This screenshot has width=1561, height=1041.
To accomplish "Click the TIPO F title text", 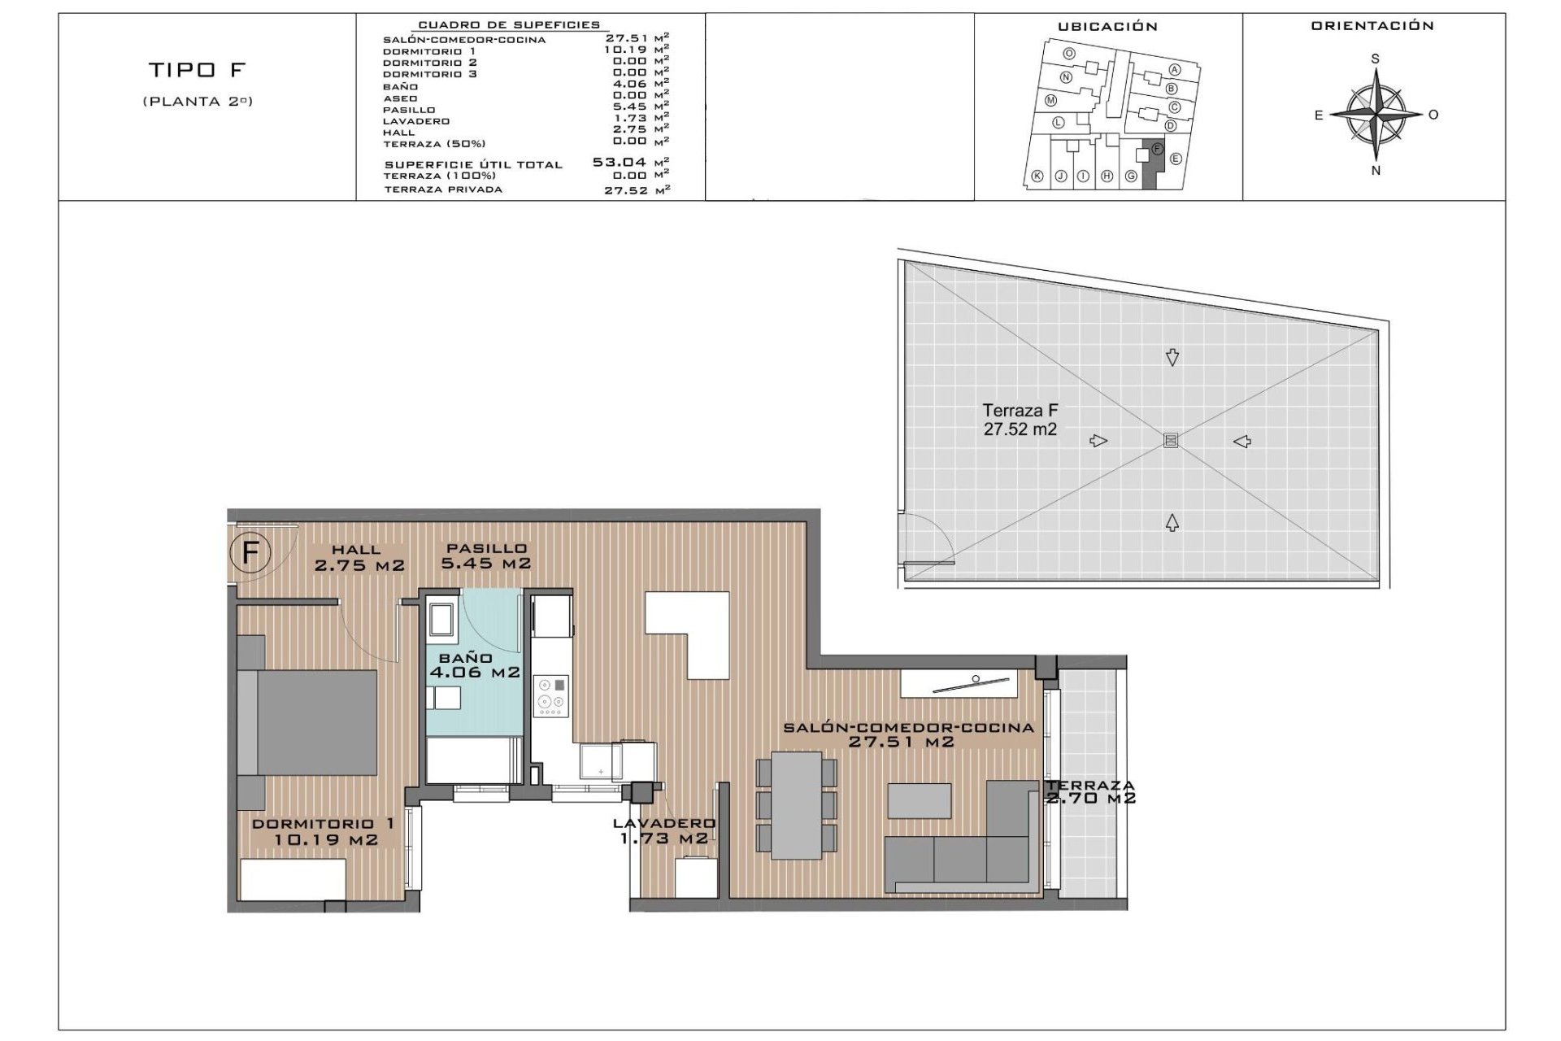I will coord(197,70).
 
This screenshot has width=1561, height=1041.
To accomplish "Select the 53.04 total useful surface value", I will coord(620,163).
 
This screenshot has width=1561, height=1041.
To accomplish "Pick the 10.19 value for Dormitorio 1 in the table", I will coord(626,50).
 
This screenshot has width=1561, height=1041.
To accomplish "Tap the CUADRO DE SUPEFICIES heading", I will coord(509,25).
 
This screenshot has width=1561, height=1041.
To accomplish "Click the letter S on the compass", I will coord(1376,59).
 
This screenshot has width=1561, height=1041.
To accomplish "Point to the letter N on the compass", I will coord(1376,171).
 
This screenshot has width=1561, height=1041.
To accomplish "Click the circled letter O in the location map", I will coord(1069,54).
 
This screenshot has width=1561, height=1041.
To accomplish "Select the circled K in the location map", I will coord(1037,176).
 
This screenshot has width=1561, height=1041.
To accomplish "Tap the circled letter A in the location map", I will coord(1175,70).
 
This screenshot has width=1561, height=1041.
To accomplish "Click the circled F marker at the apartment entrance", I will coord(250,553).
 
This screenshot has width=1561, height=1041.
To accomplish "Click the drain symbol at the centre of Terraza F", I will coord(1171,440).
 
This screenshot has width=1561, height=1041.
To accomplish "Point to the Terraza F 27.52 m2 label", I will coord(1020,420).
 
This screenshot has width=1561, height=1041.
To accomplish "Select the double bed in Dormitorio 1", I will coord(309,722).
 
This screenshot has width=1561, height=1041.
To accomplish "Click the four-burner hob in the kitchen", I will coord(550,696).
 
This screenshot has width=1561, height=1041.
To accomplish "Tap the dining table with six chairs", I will coord(797,804).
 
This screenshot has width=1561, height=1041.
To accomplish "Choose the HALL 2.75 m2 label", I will coord(359,558).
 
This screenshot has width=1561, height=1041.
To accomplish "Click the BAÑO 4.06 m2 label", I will coord(474,665).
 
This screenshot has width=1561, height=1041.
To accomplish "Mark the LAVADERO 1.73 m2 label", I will coord(664,830).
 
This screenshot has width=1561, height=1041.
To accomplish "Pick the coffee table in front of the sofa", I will coord(920,800).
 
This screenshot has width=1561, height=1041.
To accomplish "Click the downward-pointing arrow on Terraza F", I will coord(1172,357).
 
